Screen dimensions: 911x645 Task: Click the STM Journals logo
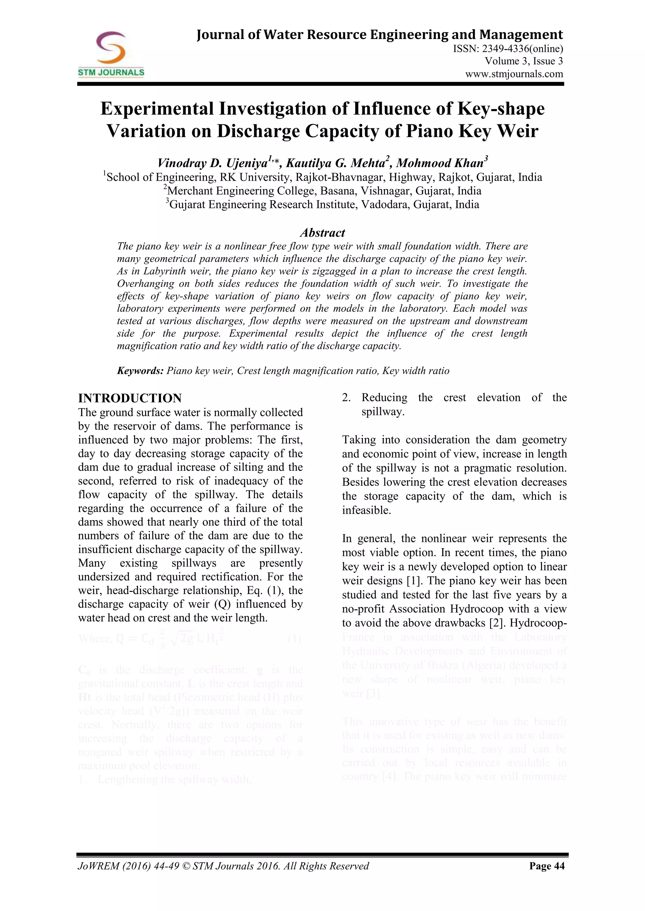tap(111, 54)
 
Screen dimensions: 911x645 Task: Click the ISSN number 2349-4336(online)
tap(508, 49)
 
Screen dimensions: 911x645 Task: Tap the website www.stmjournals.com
tap(514, 74)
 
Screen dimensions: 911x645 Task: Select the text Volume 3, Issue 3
tap(523, 61)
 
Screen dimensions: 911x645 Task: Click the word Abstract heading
tap(322, 233)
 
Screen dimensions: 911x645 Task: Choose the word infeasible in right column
tap(366, 510)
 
